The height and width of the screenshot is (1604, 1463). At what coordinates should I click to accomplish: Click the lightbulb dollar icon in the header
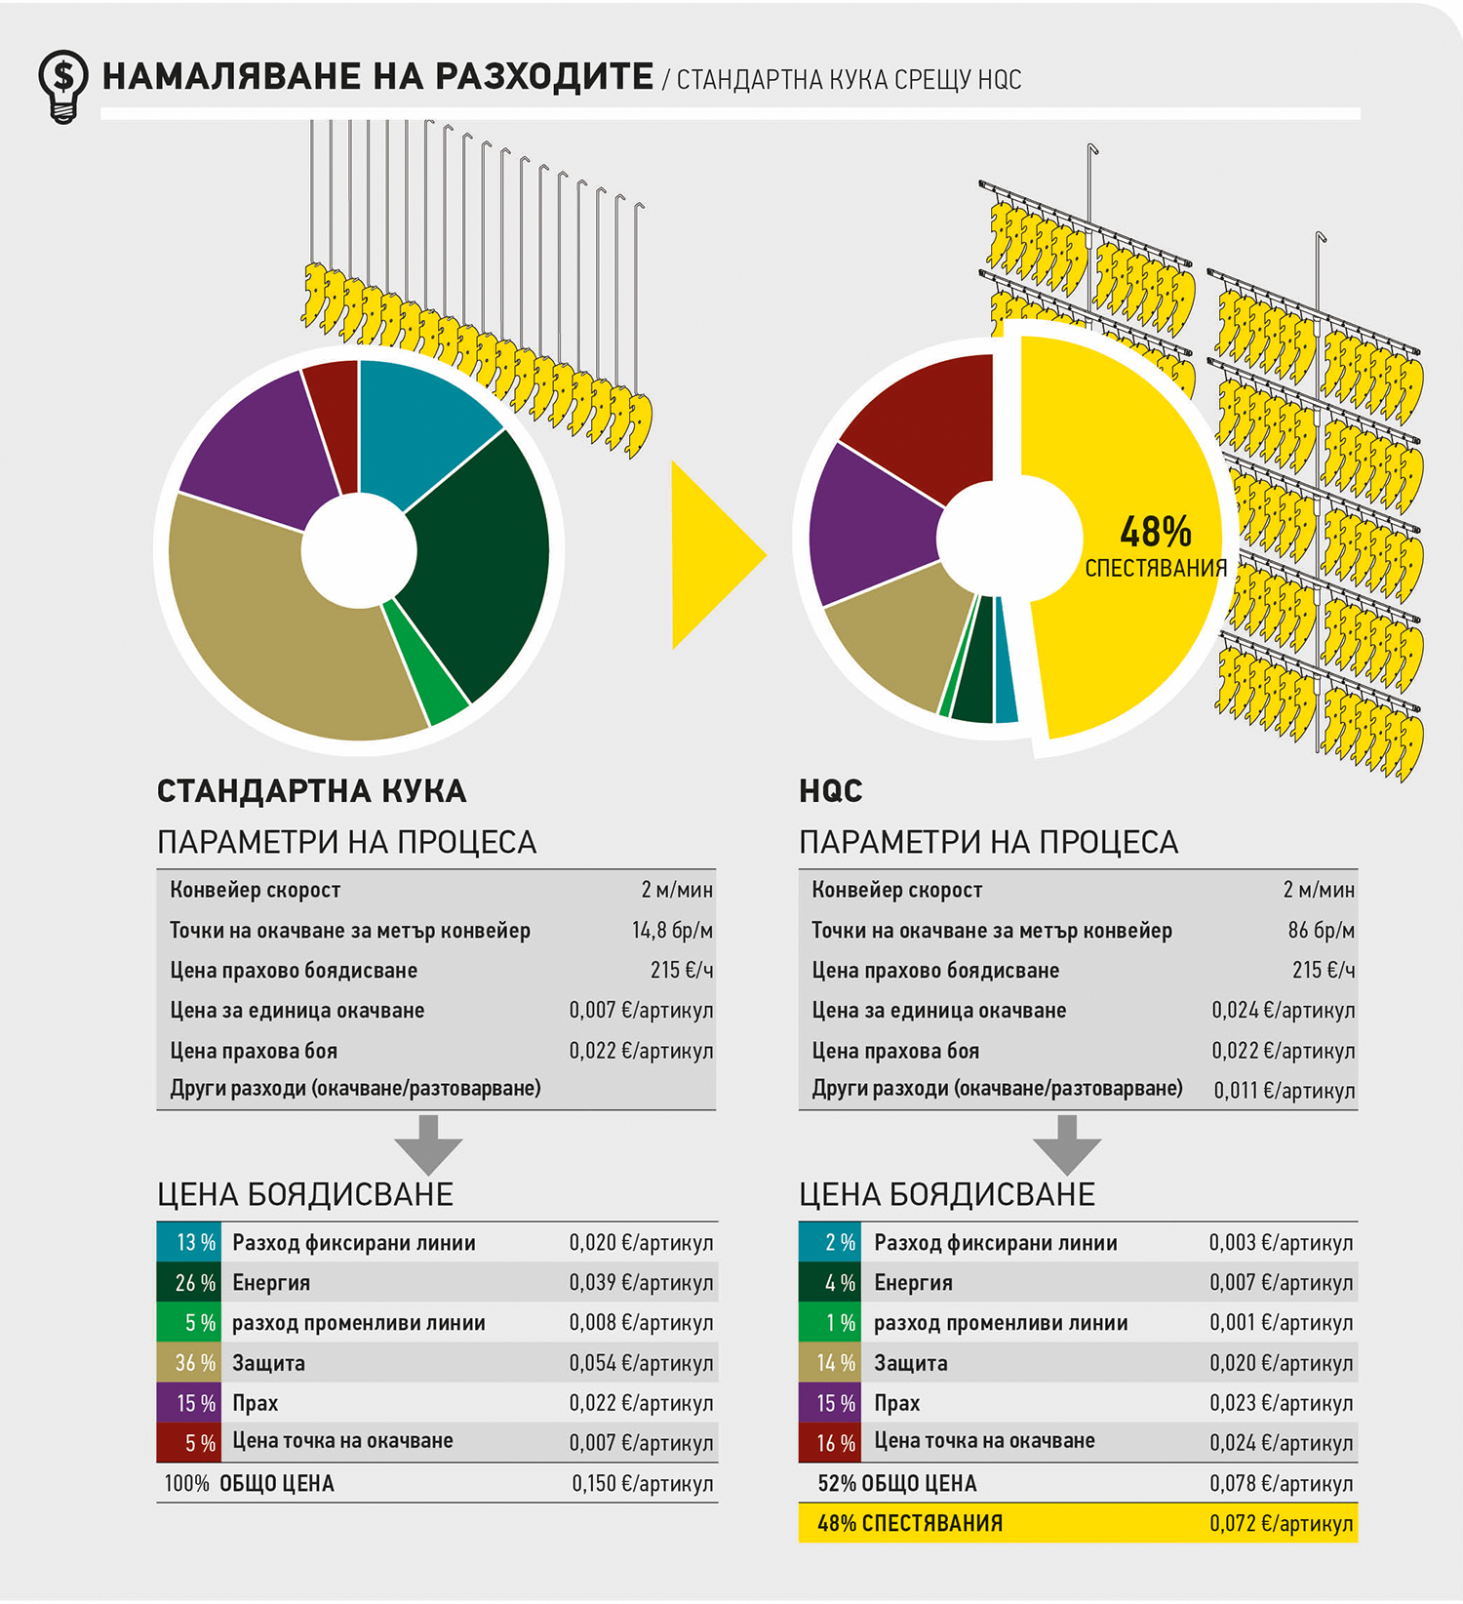click(x=62, y=85)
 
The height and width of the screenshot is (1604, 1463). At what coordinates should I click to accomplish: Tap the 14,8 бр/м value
click(x=672, y=930)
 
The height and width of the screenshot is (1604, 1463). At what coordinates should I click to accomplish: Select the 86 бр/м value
click(x=1321, y=930)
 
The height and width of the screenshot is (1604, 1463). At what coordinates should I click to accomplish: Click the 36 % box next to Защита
click(x=189, y=1363)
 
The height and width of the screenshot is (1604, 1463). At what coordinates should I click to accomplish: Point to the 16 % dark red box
click(x=830, y=1443)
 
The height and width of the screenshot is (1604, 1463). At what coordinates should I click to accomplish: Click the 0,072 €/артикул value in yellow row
click(x=1281, y=1524)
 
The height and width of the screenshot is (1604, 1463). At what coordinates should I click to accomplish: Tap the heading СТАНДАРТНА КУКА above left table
click(x=311, y=790)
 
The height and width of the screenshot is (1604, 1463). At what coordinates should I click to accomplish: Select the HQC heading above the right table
click(x=830, y=790)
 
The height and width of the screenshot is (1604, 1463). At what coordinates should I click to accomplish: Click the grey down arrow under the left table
click(x=428, y=1143)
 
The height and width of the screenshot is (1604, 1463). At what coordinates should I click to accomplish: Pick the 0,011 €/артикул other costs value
click(x=1284, y=1090)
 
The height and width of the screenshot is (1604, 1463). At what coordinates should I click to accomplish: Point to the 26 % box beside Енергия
click(x=189, y=1283)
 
